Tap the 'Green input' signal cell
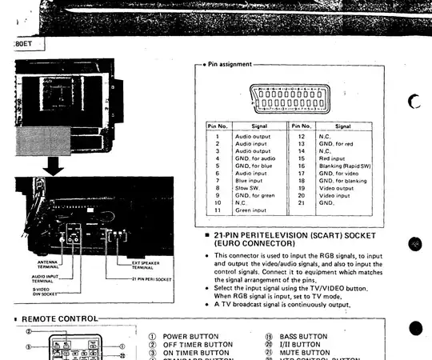[252, 210]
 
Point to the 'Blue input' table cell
[250, 181]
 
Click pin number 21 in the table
[302, 203]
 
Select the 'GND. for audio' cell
[255, 158]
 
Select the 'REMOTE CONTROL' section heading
[58, 319]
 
